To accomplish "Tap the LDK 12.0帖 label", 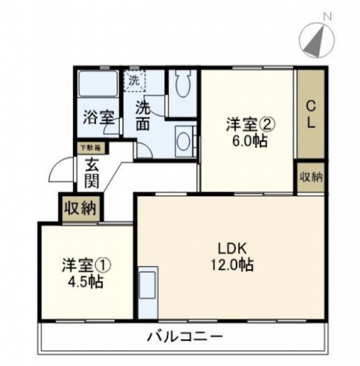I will [x=231, y=257].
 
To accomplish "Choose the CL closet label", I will [x=311, y=114].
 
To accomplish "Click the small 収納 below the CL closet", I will [x=311, y=177].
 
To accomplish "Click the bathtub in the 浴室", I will [x=97, y=85].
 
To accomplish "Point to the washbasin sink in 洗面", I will [x=183, y=141].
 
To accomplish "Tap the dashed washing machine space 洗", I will [x=135, y=81].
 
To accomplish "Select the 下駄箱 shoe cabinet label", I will [x=90, y=147].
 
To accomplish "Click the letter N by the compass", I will [x=327, y=16].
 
